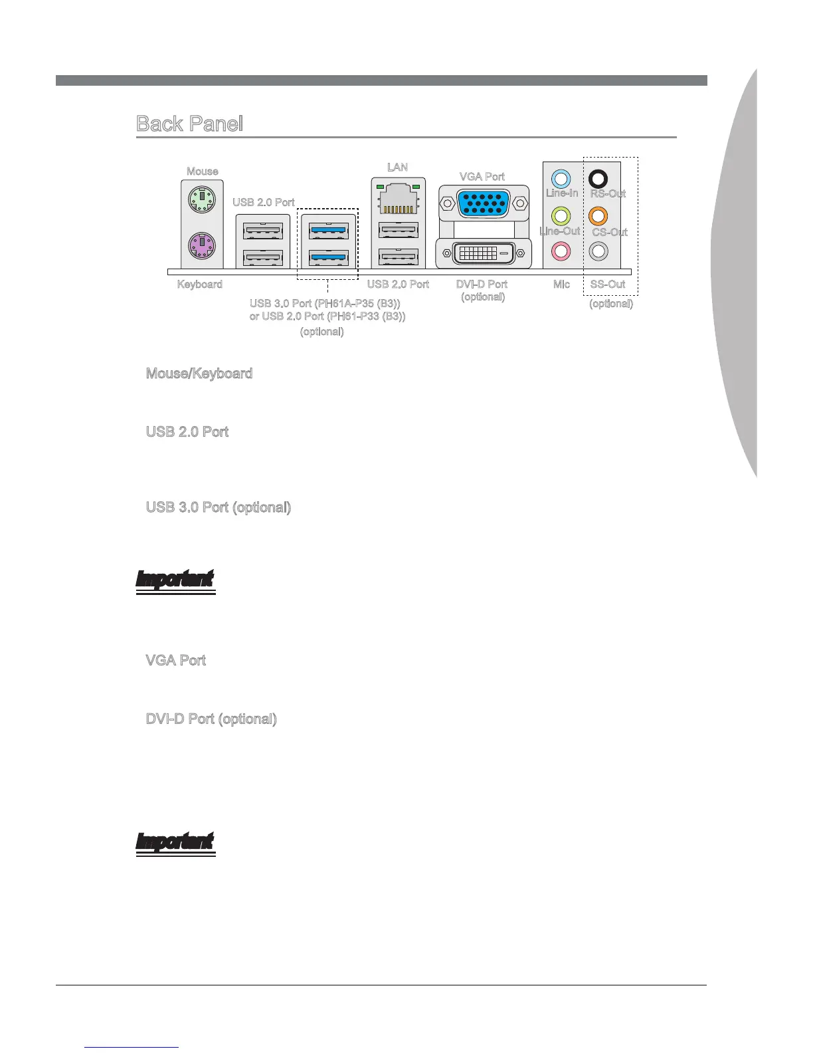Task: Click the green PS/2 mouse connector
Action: coord(202,197)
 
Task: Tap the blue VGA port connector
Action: coord(483,202)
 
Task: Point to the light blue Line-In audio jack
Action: coord(561,178)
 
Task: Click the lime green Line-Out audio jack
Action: coord(561,215)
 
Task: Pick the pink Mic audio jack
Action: coord(561,251)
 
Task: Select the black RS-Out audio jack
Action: coord(598,178)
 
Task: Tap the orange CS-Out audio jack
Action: coord(598,215)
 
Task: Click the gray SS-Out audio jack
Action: coord(598,251)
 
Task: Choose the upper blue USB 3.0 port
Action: coord(329,231)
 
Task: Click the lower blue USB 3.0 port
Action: coord(329,257)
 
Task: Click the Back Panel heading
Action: coord(189,124)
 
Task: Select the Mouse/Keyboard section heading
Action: coord(199,374)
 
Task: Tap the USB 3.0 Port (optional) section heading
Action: coord(218,507)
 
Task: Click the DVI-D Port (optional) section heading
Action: coord(211,719)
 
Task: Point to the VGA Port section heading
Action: coord(175,660)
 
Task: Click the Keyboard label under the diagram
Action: coord(199,284)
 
